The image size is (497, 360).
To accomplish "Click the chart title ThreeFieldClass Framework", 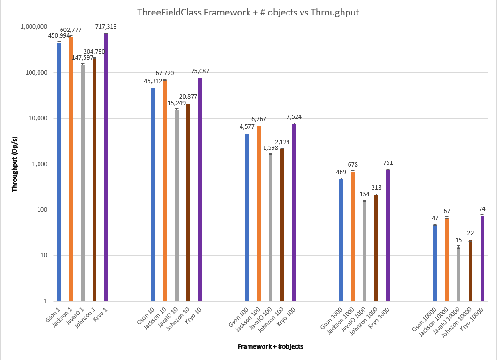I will click(x=248, y=13).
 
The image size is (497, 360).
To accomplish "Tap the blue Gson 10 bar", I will click(x=153, y=194).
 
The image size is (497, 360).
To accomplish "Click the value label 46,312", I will click(x=153, y=81).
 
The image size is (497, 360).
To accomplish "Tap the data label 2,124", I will click(x=283, y=142).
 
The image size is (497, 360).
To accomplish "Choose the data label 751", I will click(x=388, y=163).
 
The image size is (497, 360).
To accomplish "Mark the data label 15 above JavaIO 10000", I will click(x=458, y=240).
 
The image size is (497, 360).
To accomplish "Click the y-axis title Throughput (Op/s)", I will click(x=15, y=164).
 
